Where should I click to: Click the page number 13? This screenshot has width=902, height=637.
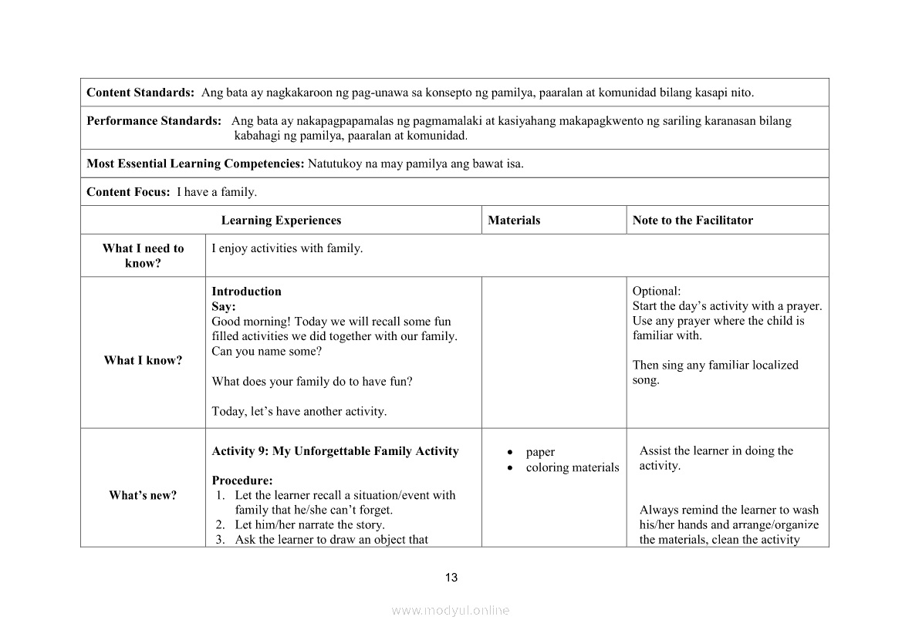451,578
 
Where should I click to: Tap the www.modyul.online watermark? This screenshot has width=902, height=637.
451,610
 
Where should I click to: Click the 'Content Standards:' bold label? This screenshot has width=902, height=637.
140,93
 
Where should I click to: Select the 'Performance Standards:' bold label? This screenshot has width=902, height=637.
154,121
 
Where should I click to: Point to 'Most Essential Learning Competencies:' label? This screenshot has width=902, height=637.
195,163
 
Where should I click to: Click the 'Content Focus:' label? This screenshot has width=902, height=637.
128,192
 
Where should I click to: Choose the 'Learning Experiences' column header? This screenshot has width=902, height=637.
281,221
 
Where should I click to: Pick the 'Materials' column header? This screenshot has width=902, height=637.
514,221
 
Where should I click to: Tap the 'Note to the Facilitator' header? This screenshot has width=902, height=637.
692,221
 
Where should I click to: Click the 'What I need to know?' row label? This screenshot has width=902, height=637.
144,255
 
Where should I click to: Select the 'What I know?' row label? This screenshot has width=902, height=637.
144,360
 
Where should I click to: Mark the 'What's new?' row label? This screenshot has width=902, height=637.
143,495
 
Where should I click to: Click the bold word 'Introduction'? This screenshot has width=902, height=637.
246,292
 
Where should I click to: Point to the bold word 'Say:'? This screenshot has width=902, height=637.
224,306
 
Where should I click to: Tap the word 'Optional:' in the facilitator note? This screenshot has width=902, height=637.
657,292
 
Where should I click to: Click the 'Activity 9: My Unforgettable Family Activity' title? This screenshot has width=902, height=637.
335,451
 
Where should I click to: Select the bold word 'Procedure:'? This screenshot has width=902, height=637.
242,480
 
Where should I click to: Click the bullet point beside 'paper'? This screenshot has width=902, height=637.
511,452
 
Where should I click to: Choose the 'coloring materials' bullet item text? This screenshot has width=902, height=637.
573,467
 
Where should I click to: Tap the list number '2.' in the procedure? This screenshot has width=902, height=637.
220,525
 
